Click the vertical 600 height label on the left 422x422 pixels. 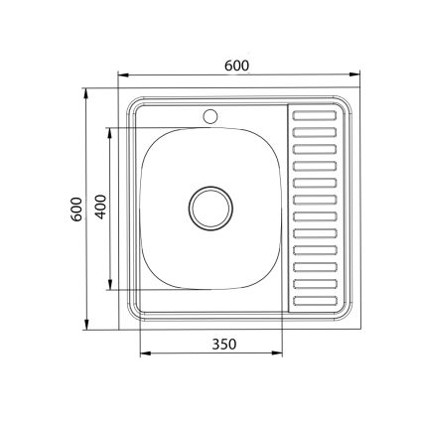[x=76, y=209]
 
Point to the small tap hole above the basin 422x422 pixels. [x=210, y=116]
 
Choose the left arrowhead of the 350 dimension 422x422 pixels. [x=143, y=353]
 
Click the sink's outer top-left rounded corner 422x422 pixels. [x=125, y=98]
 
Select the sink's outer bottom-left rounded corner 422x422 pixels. [x=125, y=324]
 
